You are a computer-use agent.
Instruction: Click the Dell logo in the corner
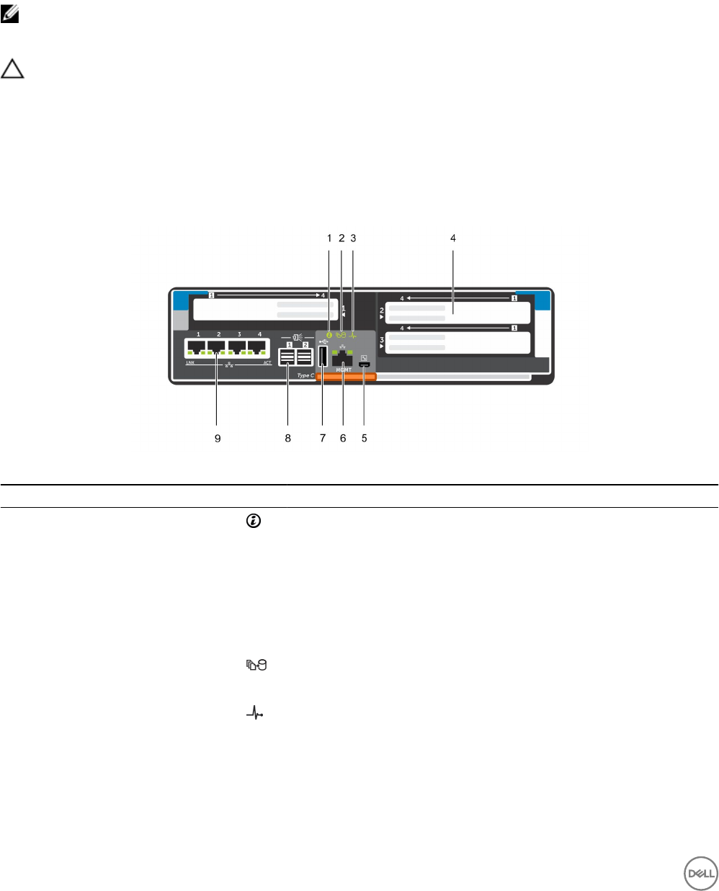click(x=700, y=873)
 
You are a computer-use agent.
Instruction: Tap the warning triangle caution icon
click(x=12, y=69)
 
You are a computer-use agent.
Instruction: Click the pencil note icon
click(x=9, y=14)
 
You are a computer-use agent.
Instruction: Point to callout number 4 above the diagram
click(x=453, y=238)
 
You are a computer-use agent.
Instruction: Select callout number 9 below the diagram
click(x=218, y=438)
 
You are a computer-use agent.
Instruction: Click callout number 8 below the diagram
click(x=288, y=438)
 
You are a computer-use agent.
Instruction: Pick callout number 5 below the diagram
click(x=365, y=438)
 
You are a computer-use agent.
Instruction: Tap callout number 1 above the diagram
click(x=329, y=238)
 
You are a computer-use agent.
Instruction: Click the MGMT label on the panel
click(x=343, y=370)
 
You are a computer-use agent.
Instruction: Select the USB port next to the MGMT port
click(x=323, y=357)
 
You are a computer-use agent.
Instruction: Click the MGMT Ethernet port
click(x=342, y=357)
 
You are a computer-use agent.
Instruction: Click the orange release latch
click(x=346, y=377)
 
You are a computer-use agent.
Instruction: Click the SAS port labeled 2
click(x=305, y=357)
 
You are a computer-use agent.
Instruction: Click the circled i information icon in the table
click(x=253, y=520)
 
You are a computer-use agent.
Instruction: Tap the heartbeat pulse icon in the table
click(x=255, y=714)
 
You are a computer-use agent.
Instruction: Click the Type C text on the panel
click(x=305, y=375)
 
